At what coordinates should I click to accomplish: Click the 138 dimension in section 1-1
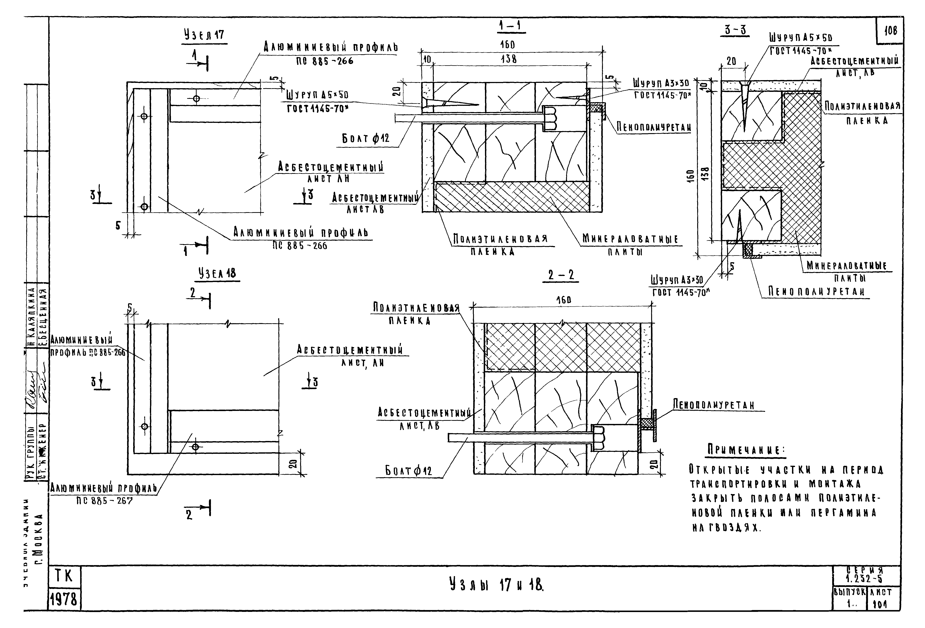[509, 59]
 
